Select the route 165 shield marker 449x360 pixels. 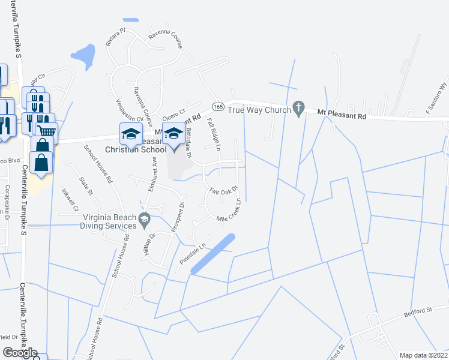218,106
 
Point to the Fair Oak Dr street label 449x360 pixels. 224,190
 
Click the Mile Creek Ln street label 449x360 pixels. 232,212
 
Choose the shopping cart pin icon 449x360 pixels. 46,130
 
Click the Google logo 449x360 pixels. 20,353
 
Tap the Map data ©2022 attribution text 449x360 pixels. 423,355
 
